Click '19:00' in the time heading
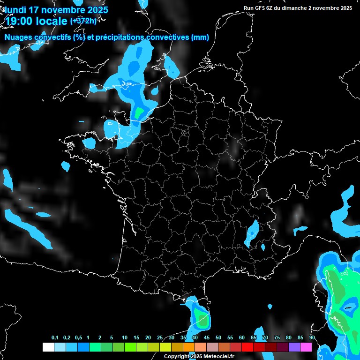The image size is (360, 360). tap(19, 21)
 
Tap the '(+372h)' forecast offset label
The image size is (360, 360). tap(83, 21)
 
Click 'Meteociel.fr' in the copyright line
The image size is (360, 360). tap(219, 356)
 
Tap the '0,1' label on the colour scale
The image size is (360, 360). tap(55, 338)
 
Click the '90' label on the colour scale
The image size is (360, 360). tap(312, 338)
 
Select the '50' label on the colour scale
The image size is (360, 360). tap(218, 338)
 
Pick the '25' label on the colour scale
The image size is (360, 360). tap(160, 338)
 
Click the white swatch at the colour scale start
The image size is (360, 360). tap(48, 347)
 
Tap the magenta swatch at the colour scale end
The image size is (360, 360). tap(306, 347)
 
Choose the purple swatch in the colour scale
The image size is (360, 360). tap(294, 347)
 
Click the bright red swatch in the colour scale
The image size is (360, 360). tap(247, 347)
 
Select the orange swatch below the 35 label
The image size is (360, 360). tap(189, 347)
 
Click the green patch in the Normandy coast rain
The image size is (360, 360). tap(139, 113)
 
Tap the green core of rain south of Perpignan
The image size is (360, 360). tap(202, 321)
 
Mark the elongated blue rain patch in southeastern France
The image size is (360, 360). tap(252, 232)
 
